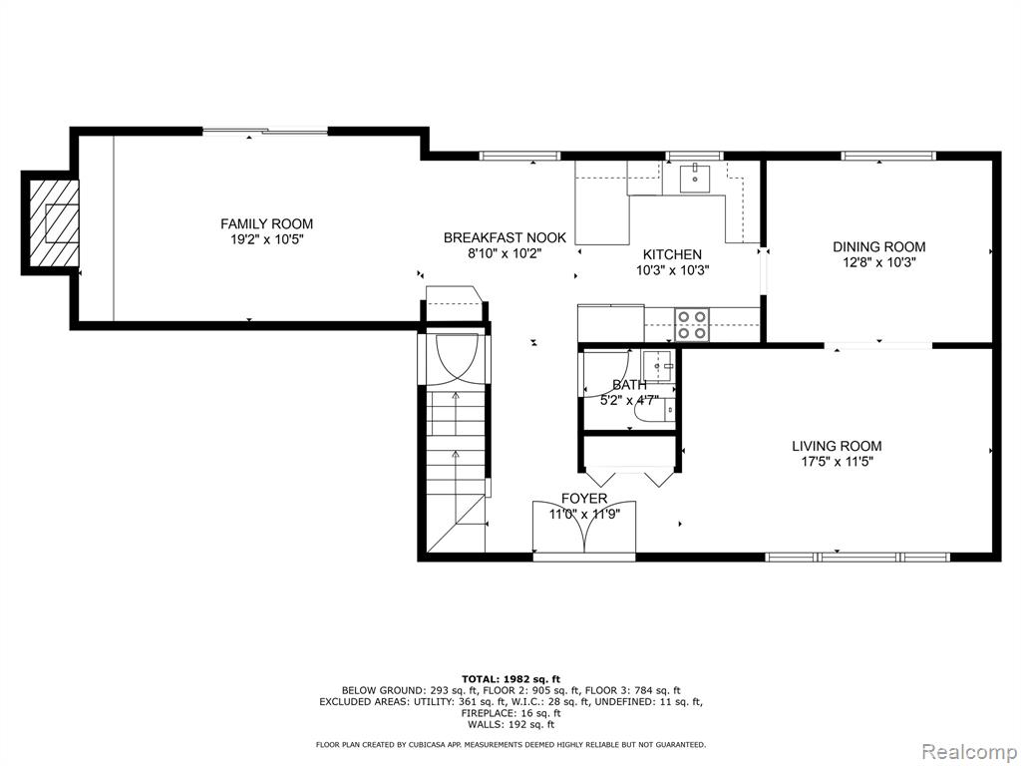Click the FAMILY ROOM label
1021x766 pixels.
click(266, 224)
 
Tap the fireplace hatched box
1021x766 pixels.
click(54, 222)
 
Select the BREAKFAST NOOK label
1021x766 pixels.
click(505, 237)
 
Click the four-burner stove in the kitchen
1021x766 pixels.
click(692, 324)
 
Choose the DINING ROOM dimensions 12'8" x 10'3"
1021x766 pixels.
click(879, 262)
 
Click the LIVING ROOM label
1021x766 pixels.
click(837, 446)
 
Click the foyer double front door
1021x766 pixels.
click(584, 528)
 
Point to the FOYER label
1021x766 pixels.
click(584, 499)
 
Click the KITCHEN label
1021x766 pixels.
click(672, 254)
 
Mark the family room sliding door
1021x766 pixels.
click(265, 132)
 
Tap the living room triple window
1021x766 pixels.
click(856, 557)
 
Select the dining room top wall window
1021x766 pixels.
click(888, 156)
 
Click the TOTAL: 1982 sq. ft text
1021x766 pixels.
click(510, 678)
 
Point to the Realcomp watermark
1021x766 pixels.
click(968, 752)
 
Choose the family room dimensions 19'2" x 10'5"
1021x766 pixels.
click(267, 239)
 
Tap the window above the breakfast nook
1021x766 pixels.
click(519, 156)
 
